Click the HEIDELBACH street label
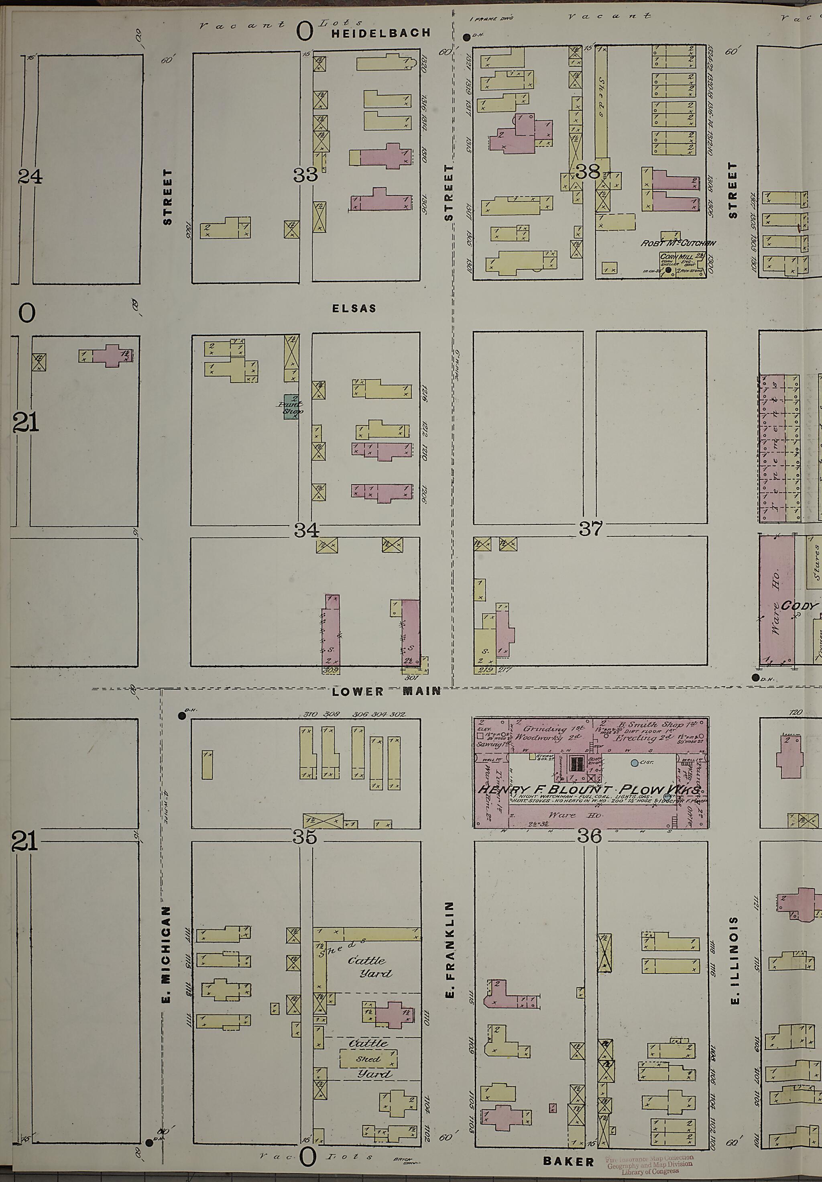point(380,33)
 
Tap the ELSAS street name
point(354,308)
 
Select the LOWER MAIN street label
point(386,691)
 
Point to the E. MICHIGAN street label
point(166,955)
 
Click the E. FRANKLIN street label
point(450,950)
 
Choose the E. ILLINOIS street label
point(735,960)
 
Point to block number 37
point(590,528)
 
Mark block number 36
point(589,836)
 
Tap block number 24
point(30,177)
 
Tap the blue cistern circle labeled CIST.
point(635,763)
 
